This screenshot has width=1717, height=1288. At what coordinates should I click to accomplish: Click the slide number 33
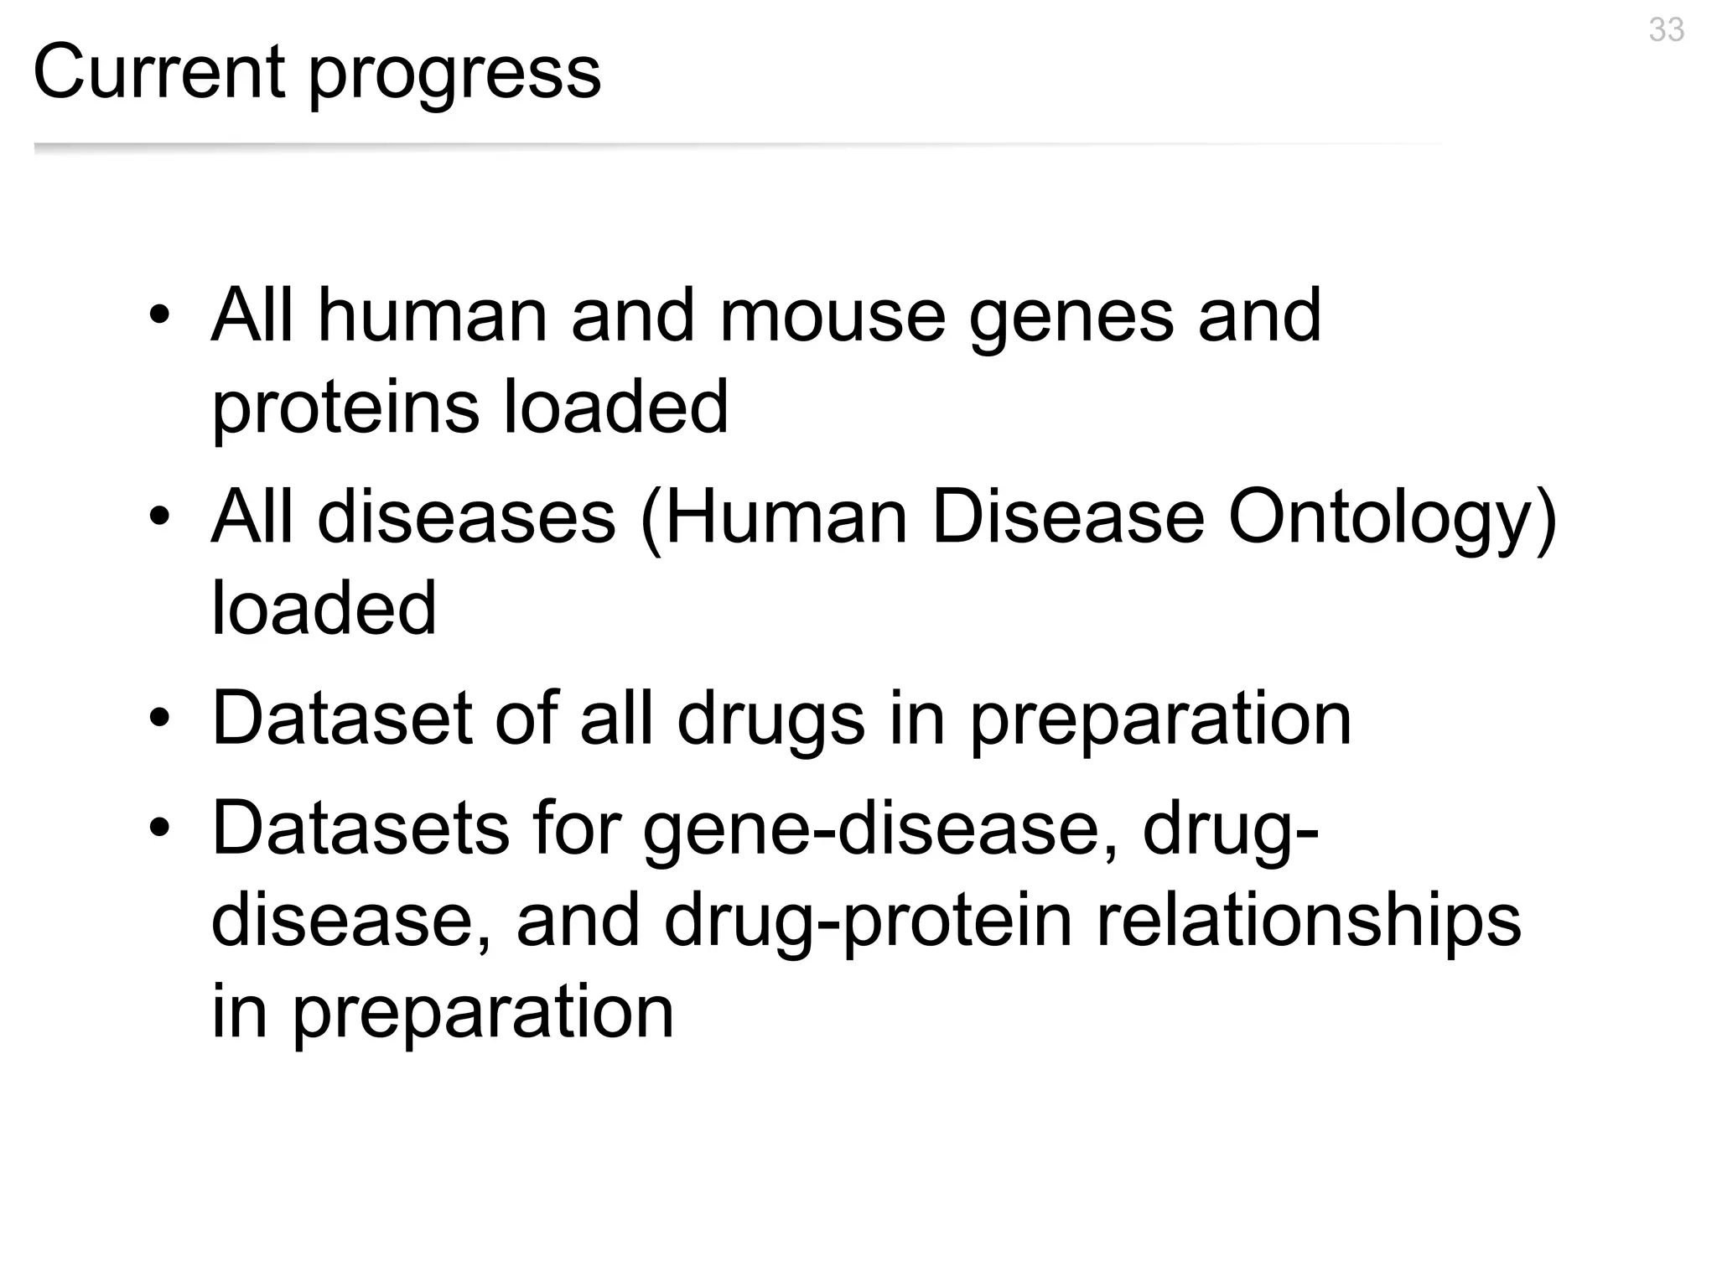tap(1666, 30)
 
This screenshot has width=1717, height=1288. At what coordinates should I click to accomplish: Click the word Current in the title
tap(158, 72)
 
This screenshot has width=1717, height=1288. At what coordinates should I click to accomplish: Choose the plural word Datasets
tap(361, 828)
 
